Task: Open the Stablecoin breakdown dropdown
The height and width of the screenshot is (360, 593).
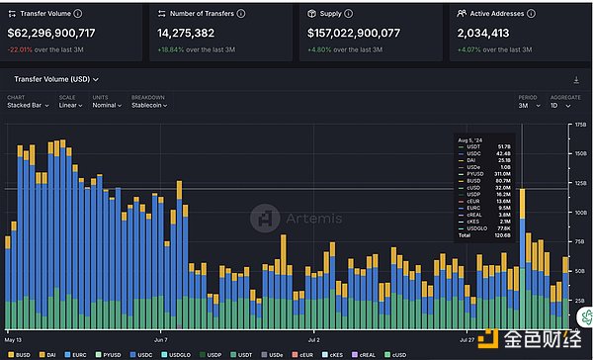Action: (x=149, y=105)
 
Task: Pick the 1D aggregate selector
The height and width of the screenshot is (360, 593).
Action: (x=556, y=105)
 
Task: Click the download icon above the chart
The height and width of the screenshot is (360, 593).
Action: (x=575, y=79)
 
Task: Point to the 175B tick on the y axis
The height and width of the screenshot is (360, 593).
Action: (x=579, y=127)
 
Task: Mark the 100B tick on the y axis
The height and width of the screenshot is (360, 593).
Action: (x=579, y=213)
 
